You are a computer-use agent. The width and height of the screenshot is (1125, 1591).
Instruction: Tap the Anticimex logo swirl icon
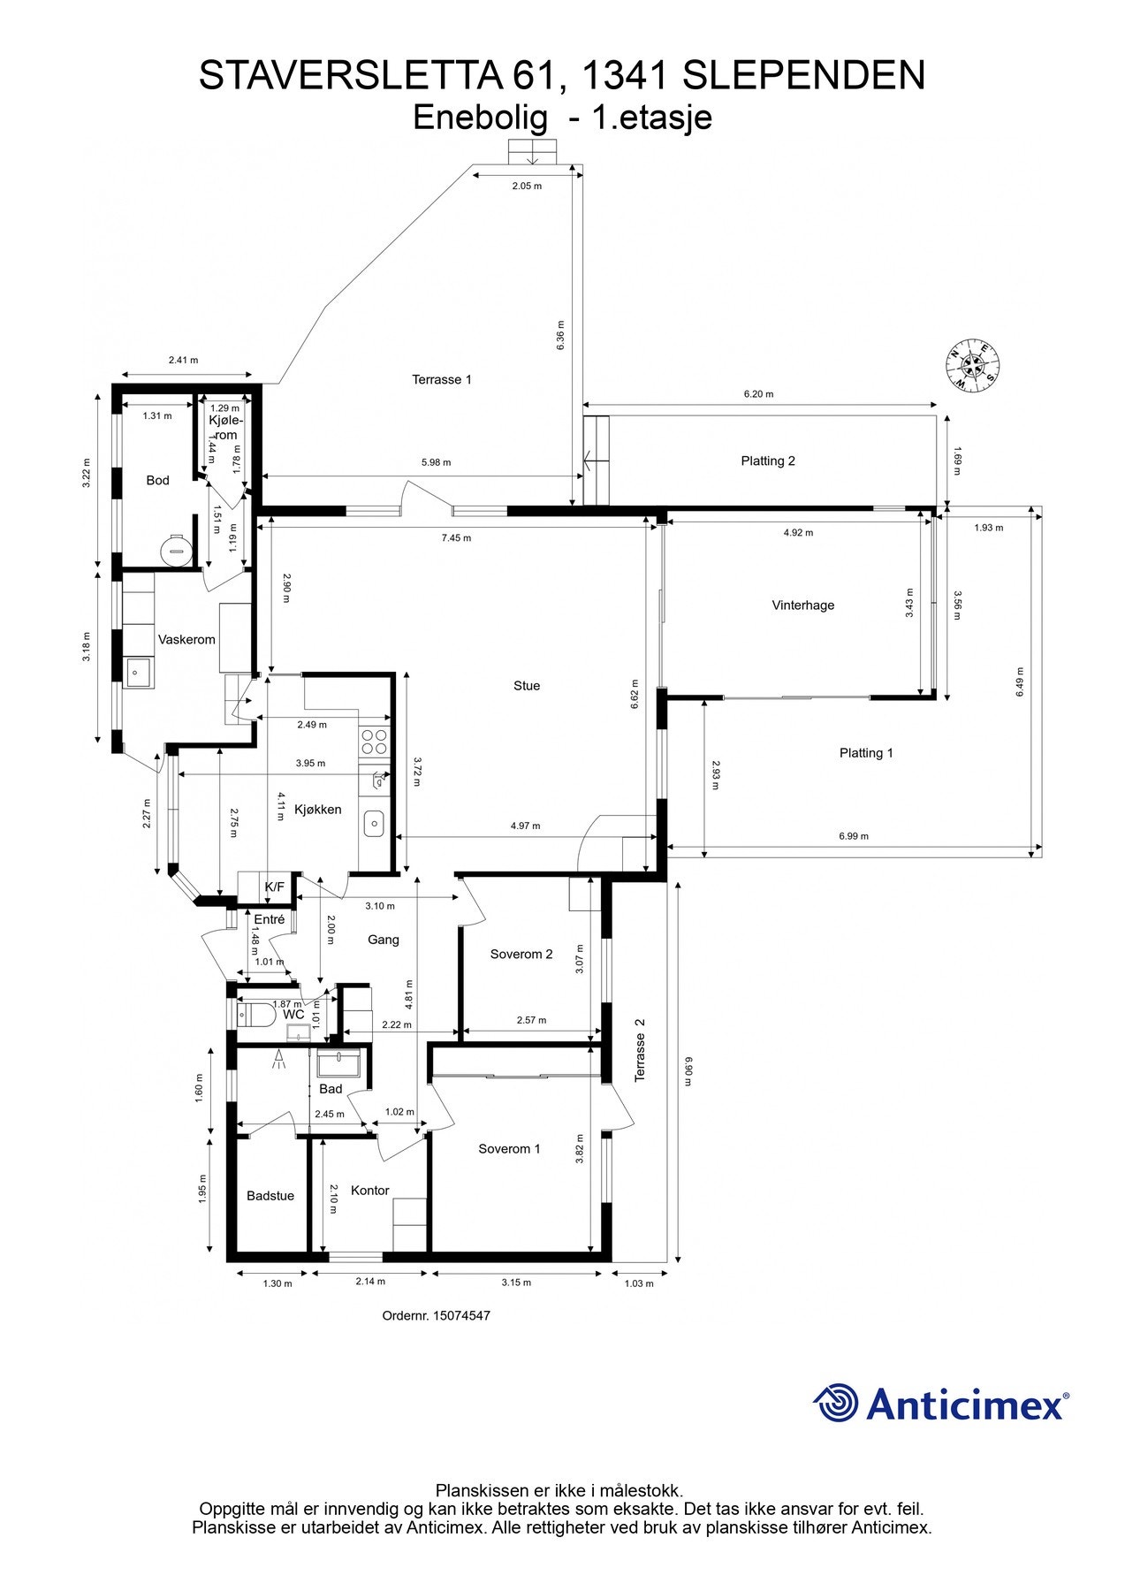[835, 1403]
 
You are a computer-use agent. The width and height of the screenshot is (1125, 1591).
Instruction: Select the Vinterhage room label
[802, 605]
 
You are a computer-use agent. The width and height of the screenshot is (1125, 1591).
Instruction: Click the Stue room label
[527, 685]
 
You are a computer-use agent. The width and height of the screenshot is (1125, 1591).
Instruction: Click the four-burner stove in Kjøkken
[375, 741]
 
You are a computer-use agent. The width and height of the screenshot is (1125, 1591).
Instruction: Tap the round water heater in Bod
[175, 550]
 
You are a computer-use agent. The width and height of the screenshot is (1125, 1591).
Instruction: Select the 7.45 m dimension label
[456, 537]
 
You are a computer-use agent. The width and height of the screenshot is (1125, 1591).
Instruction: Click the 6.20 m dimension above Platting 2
[757, 394]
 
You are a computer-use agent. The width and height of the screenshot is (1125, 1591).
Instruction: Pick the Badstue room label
[270, 1196]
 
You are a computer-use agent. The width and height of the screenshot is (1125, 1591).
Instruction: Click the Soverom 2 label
[521, 954]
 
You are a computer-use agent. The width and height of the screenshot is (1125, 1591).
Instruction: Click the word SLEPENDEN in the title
[803, 76]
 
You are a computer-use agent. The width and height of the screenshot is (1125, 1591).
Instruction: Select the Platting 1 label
[866, 753]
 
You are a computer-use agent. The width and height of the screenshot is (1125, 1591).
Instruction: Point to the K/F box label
[275, 887]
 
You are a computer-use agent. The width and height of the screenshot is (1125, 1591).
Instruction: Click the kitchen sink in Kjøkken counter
[375, 824]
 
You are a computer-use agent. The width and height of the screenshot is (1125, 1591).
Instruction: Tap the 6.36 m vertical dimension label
[560, 336]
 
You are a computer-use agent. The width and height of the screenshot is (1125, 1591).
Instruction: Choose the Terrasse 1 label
[442, 379]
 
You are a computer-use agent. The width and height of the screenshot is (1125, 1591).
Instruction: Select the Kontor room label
[369, 1191]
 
